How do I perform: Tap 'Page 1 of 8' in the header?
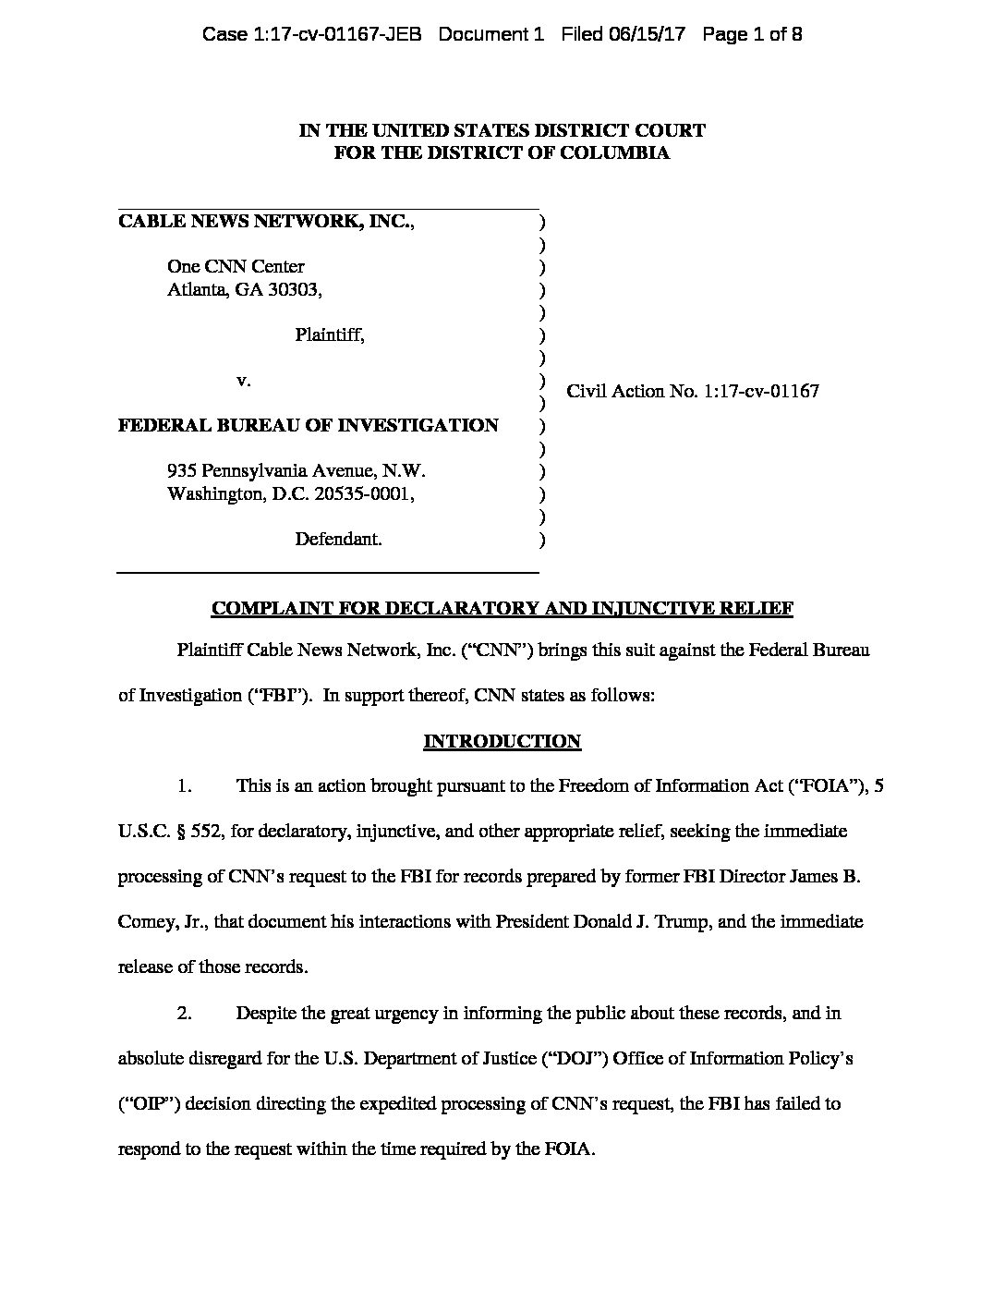pos(752,35)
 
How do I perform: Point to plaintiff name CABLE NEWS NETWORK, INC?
pos(266,222)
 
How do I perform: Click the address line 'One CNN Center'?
pos(236,267)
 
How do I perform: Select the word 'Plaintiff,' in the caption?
pos(330,335)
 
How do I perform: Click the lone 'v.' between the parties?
pos(244,380)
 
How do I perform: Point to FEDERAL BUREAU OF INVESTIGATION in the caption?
pos(309,425)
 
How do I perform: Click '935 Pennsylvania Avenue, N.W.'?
pos(296,470)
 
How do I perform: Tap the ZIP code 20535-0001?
pos(362,493)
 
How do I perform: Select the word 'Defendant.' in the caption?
pos(338,539)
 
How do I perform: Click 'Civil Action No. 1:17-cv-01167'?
pos(693,391)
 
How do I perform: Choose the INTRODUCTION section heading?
pos(502,741)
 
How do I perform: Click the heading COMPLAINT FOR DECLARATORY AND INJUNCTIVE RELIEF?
pos(502,608)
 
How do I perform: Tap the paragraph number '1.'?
pos(185,786)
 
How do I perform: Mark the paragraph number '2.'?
pos(185,1013)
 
